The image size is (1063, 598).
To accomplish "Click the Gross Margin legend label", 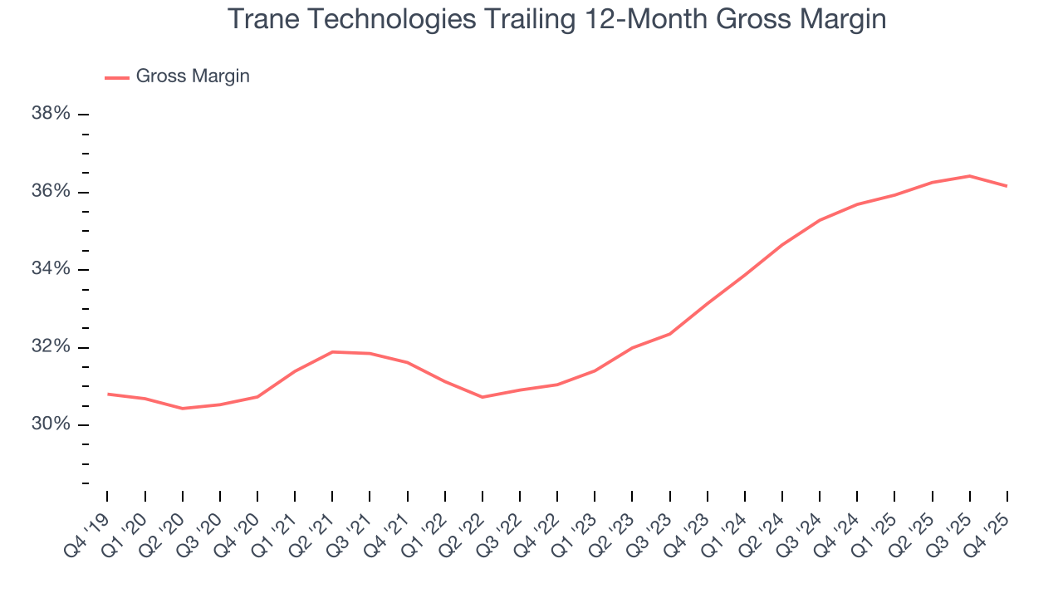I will (x=193, y=76).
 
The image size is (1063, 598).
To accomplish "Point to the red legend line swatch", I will (x=116, y=77).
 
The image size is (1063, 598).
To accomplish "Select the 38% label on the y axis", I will (x=51, y=114).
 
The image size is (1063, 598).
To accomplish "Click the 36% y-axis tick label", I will (x=51, y=192).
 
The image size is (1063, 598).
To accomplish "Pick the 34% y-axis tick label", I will (x=51, y=269).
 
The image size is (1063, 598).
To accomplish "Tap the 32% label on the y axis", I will (x=51, y=347).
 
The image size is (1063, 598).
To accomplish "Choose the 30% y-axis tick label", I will (x=51, y=424).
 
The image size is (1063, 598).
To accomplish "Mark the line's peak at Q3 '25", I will (x=969, y=176).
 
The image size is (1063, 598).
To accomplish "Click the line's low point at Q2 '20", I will (x=182, y=409).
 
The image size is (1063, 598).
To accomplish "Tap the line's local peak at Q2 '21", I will (x=332, y=351).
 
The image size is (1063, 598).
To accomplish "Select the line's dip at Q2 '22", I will (x=483, y=397).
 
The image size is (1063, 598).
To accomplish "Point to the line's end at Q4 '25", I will (x=1007, y=186).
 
